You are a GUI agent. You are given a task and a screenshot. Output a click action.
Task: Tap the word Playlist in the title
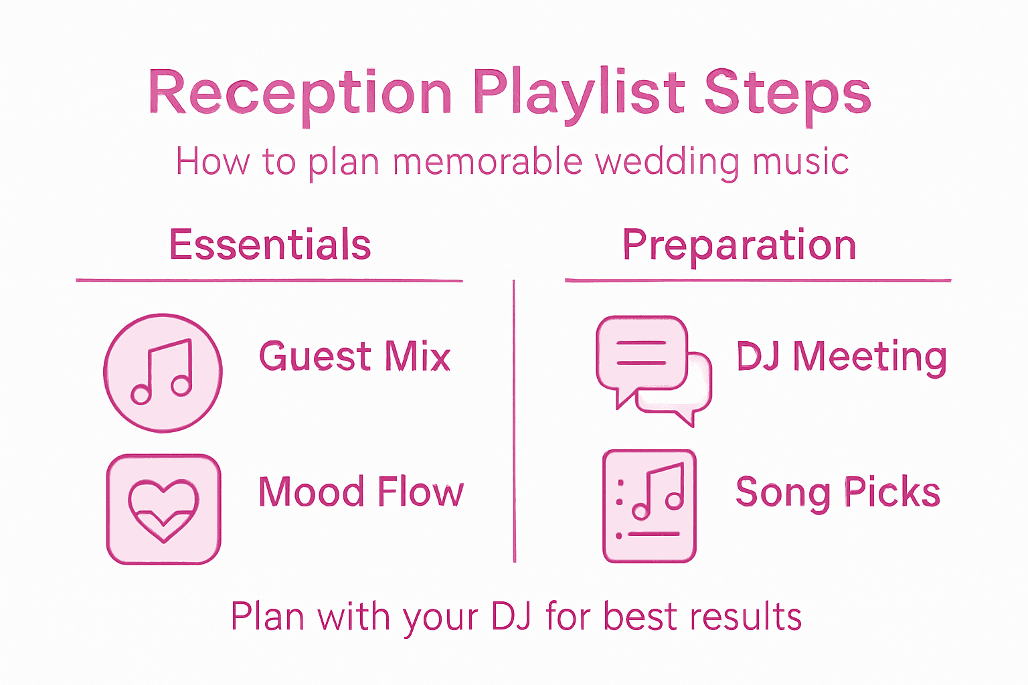[580, 94]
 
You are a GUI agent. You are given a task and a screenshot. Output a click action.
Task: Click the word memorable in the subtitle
[488, 162]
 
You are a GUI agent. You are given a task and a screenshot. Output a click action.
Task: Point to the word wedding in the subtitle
[667, 162]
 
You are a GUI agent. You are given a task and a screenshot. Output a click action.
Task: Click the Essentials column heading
[270, 244]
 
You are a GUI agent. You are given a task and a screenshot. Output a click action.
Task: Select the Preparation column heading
[739, 245]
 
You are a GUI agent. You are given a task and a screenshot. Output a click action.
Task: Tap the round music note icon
[163, 373]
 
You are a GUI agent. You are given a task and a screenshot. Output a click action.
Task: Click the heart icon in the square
[163, 510]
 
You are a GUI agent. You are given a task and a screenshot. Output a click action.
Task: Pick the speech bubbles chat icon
[653, 370]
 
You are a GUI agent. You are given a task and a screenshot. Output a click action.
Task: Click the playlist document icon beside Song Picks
[649, 506]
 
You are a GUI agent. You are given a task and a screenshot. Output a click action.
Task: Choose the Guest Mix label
[355, 356]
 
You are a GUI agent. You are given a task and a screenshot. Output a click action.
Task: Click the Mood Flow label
[361, 492]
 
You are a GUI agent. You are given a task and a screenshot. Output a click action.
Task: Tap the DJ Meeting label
[841, 357]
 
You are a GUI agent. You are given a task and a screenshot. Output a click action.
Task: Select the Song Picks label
[838, 492]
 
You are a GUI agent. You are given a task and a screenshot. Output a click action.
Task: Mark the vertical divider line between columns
[514, 421]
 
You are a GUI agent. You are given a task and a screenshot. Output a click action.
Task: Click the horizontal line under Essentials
[269, 280]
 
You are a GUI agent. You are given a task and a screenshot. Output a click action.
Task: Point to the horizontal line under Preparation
[758, 280]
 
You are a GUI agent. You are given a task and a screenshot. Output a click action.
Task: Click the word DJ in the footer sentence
[511, 616]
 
